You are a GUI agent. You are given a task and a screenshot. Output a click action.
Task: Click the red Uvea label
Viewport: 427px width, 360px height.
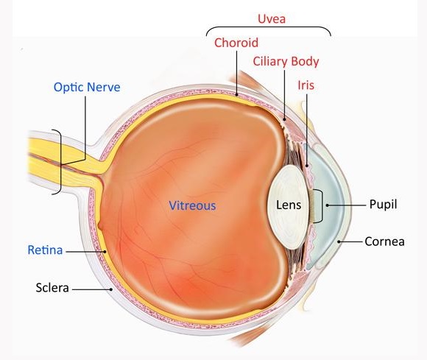coord(272,19)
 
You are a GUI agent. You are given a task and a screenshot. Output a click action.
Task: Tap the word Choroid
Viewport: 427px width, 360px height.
coord(236,43)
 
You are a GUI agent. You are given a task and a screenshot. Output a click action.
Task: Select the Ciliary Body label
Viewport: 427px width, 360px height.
coord(286,62)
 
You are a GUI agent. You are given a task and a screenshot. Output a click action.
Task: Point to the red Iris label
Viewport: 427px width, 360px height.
coord(306,85)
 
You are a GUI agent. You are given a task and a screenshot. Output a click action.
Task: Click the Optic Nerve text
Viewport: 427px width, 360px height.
coord(87,88)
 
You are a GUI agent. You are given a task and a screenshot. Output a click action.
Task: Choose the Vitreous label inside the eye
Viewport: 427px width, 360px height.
coord(192,205)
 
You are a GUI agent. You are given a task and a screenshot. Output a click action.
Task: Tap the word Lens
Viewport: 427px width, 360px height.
coord(289,205)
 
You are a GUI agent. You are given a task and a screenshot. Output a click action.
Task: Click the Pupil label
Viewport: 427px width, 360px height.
coord(383,205)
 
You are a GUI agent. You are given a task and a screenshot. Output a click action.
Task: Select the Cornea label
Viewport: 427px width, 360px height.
coord(384,241)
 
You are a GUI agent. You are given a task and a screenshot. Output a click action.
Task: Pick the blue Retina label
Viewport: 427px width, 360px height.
coord(45,250)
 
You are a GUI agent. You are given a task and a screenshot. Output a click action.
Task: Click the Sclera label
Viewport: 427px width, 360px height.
coord(52,288)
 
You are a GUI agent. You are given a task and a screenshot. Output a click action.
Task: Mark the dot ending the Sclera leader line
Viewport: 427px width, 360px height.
coord(111,289)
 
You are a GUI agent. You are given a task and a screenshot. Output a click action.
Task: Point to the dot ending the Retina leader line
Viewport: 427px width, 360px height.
coord(105,252)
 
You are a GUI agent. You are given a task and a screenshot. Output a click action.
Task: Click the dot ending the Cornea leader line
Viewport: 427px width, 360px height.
coord(339,241)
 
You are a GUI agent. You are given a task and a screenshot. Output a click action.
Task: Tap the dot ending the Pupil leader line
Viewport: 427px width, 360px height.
coord(328,205)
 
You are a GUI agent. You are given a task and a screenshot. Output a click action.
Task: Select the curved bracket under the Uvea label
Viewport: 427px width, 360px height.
coord(269,27)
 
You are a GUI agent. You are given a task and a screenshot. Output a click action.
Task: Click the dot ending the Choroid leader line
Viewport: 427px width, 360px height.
coord(236,95)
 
